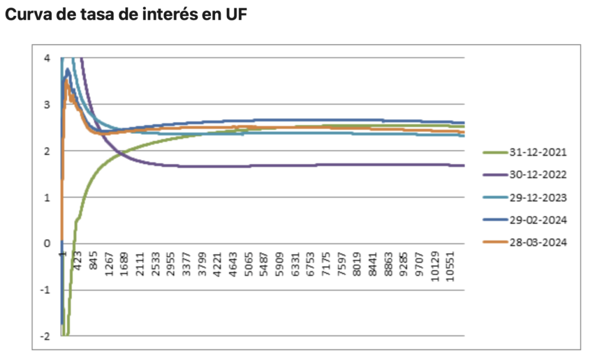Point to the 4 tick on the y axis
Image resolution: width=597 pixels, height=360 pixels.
tap(47, 58)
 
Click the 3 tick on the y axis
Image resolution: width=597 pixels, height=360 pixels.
tap(47, 105)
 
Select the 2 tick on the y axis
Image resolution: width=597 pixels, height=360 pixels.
tap(47, 151)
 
